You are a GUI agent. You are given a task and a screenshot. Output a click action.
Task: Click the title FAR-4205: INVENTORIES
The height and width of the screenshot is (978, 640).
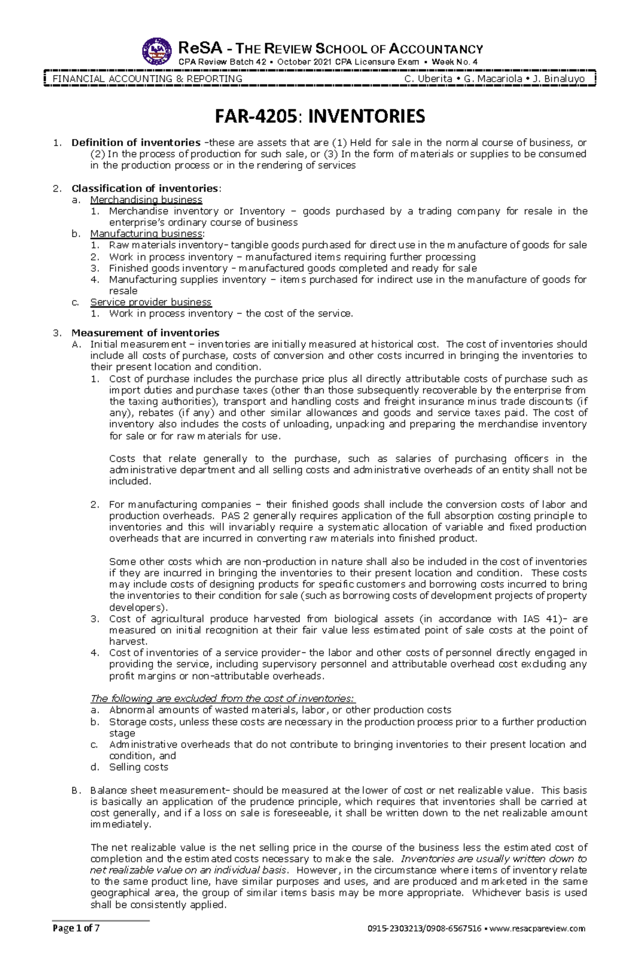pos(319,116)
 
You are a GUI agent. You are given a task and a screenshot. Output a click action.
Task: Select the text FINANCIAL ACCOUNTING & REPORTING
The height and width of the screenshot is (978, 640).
pos(147,79)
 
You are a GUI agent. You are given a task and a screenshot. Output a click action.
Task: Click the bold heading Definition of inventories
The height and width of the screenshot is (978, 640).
pos(136,143)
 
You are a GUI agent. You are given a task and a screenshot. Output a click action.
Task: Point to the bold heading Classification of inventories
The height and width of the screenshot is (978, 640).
pos(145,188)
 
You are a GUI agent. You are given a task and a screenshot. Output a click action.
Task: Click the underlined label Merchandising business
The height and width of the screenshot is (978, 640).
pos(146,200)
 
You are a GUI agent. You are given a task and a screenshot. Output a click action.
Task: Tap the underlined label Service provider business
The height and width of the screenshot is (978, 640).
pos(151,302)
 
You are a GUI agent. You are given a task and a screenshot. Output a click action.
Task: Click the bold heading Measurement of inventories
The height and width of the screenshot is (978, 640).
pos(146,333)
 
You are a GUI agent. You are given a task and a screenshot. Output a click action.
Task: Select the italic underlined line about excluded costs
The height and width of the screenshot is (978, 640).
pos(223,699)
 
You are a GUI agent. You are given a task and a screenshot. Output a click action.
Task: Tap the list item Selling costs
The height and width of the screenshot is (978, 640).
pos(139,767)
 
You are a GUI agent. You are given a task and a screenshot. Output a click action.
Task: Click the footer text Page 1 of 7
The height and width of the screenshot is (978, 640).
pos(76,928)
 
